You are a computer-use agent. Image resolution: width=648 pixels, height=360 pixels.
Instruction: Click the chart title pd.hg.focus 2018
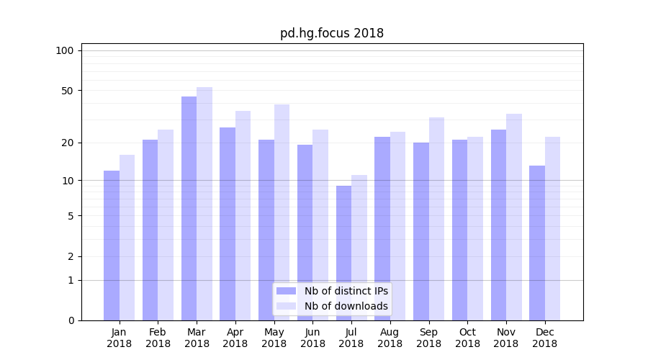tap(331, 33)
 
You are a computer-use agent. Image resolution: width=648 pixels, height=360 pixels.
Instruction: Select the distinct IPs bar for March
tap(189, 208)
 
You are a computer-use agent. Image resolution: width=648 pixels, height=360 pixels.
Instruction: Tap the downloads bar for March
tap(204, 204)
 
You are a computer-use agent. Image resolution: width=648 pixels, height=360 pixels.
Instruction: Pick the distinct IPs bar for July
tap(343, 253)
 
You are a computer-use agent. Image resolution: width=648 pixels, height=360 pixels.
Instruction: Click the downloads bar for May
tap(282, 212)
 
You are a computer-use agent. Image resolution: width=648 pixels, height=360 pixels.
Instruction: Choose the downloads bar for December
tap(552, 228)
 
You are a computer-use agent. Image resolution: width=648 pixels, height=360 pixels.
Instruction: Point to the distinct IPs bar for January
tap(112, 245)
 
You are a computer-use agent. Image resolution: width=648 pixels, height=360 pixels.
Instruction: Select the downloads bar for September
tap(436, 219)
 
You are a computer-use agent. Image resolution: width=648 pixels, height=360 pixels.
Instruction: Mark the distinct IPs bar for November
tap(498, 225)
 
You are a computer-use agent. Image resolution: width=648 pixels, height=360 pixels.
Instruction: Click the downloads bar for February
tap(166, 225)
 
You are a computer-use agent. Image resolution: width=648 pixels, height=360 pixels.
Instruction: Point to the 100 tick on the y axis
tap(65, 50)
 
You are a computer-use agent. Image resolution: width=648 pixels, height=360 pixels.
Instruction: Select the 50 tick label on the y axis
tap(67, 91)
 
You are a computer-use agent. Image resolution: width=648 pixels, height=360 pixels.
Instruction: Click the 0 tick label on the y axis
tap(71, 320)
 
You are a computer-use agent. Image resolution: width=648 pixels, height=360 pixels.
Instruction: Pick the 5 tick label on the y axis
tap(71, 215)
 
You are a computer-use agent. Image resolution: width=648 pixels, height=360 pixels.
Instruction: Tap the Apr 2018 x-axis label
tap(235, 338)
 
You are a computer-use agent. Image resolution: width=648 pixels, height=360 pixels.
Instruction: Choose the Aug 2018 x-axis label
tap(390, 338)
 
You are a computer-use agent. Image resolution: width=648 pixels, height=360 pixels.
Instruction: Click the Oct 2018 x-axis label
tap(467, 338)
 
